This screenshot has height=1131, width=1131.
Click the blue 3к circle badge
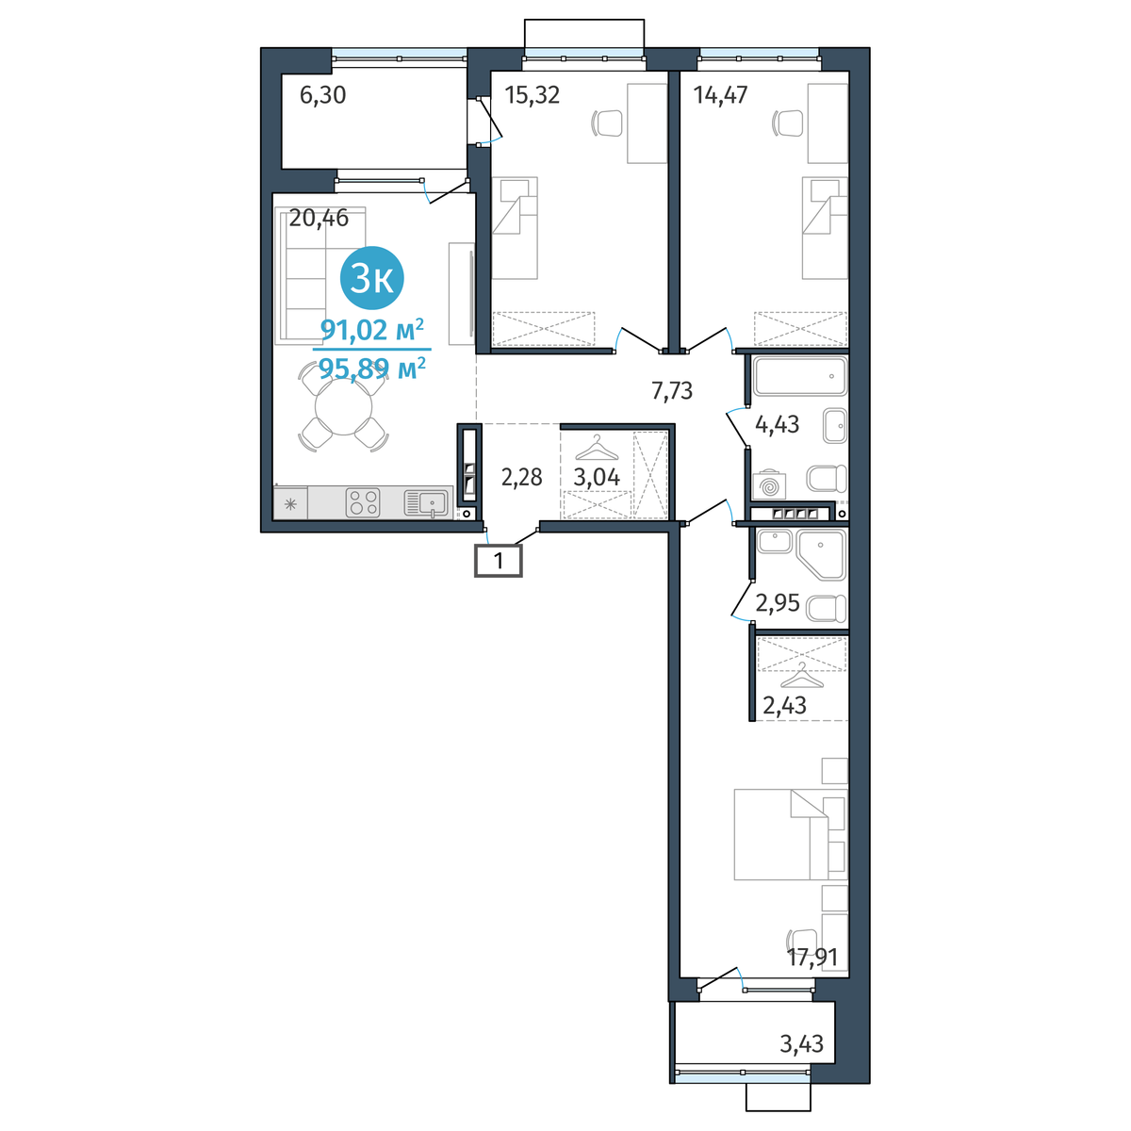[371, 278]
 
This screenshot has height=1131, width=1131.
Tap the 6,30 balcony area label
[323, 95]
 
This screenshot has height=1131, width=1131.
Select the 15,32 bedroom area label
[533, 95]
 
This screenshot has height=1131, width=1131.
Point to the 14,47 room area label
[720, 95]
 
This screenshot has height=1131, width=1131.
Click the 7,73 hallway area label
[672, 390]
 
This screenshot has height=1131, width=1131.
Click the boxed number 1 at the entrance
[499, 561]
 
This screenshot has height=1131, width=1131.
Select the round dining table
[343, 407]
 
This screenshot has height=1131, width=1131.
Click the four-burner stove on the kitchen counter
[363, 503]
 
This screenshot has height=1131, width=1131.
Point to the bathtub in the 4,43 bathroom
[800, 376]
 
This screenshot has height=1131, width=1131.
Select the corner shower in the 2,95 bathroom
[821, 554]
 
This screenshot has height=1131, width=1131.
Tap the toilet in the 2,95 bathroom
[827, 609]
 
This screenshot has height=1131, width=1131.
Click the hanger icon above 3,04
[597, 448]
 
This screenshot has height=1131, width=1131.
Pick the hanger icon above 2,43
[802, 675]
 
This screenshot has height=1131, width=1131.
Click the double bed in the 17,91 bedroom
[791, 834]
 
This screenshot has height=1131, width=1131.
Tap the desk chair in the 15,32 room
[606, 123]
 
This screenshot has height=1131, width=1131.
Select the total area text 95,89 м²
[371, 369]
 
